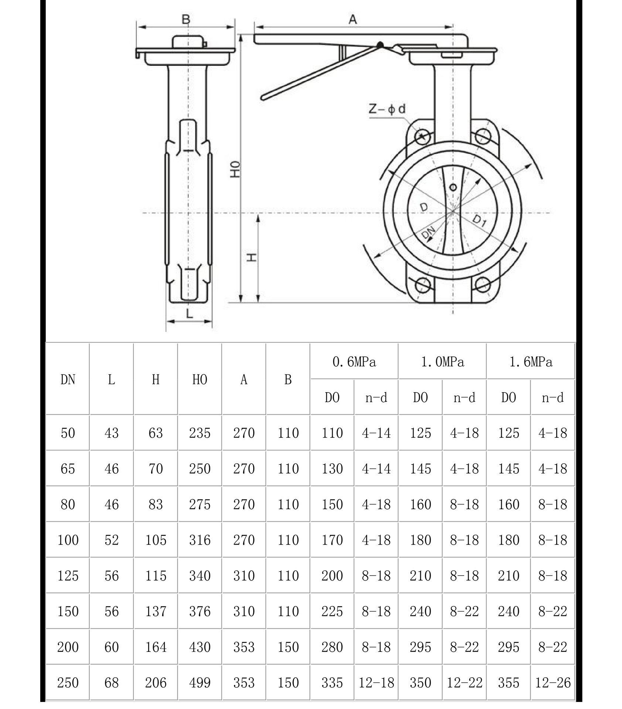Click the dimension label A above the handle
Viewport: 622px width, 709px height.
pos(353,19)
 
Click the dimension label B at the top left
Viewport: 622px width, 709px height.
pos(186,19)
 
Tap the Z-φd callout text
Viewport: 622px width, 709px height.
pos(387,109)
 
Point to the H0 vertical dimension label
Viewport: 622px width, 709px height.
pos(235,169)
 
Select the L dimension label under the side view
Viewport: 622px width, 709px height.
pos(189,314)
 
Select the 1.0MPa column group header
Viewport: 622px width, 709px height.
pos(442,362)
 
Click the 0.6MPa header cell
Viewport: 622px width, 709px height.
pos(354,362)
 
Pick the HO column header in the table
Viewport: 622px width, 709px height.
pos(200,380)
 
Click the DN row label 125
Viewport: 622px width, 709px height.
pos(68,576)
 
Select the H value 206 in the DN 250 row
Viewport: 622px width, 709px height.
pos(156,682)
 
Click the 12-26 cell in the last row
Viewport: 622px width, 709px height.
pos(553,682)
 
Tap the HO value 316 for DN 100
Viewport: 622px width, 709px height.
pos(200,540)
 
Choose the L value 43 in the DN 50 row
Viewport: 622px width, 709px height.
pos(112,433)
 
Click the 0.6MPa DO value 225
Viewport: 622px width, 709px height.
pos(332,611)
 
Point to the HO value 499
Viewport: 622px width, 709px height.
pos(200,682)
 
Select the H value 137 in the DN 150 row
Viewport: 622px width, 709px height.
pos(156,611)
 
